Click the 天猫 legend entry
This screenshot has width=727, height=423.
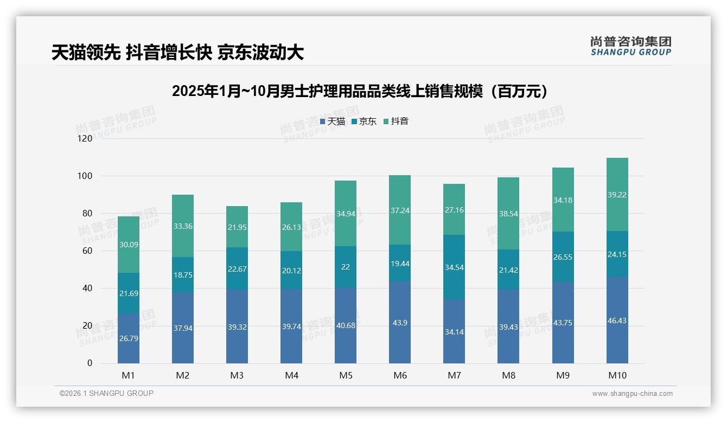[333, 121]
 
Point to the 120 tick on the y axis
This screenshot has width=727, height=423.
[85, 139]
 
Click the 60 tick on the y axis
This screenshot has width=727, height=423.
[87, 251]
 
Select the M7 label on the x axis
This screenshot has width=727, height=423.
[454, 376]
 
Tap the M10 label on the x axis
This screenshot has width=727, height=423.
[617, 376]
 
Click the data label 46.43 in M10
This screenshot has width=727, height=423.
[617, 321]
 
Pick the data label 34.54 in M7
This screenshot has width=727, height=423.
[454, 267]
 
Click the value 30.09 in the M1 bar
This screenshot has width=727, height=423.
[129, 245]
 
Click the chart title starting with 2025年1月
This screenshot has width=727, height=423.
[360, 91]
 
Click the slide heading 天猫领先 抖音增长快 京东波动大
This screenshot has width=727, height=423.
[177, 53]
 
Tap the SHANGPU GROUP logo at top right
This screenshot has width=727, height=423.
[630, 46]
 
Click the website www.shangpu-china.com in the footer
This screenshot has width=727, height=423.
[632, 394]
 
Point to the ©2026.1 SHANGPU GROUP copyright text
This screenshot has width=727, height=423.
[106, 393]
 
